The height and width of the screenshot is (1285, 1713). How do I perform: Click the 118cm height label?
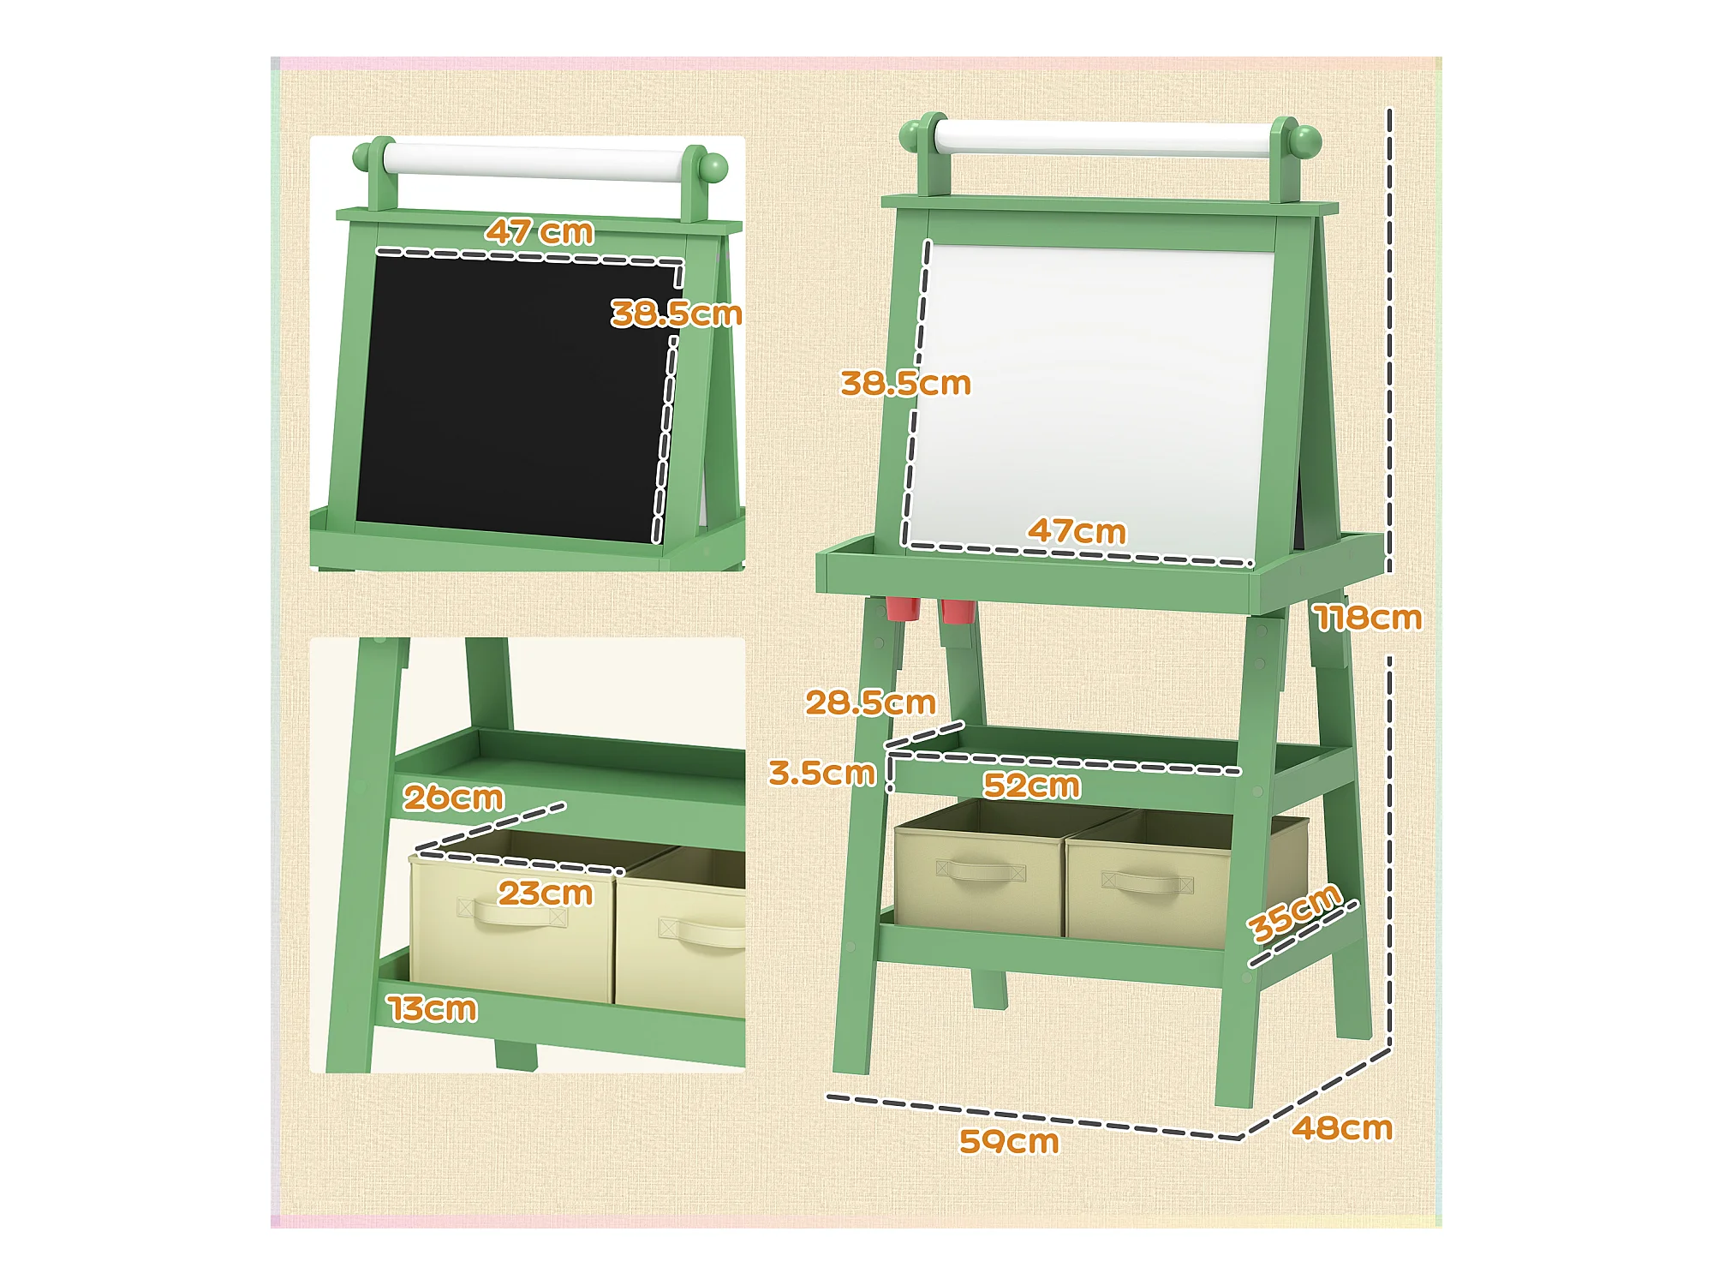coord(1368,618)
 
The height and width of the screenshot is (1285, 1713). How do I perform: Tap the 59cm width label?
coord(1009,1141)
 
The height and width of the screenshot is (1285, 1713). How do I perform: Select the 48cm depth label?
coord(1342,1128)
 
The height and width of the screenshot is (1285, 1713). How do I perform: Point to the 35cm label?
coord(1293,911)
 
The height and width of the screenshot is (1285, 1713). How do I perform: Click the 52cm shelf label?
coord(1031,785)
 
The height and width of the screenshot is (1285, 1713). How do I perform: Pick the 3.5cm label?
coord(822,773)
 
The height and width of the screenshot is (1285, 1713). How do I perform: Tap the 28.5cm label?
coord(870,702)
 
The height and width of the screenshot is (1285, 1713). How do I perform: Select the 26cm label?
coord(453,798)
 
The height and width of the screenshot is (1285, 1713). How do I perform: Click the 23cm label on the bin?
coord(546,894)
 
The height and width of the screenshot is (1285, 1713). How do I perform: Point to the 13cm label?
coord(433,1008)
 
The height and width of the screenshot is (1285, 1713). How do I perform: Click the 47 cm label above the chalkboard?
coord(540,231)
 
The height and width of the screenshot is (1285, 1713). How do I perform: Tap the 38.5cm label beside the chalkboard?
coord(677,314)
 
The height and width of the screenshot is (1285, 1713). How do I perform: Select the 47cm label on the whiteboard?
coord(1077,530)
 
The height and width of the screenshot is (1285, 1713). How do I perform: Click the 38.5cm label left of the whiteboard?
coord(905,383)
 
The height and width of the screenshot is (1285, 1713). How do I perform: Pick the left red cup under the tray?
coord(902,608)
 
